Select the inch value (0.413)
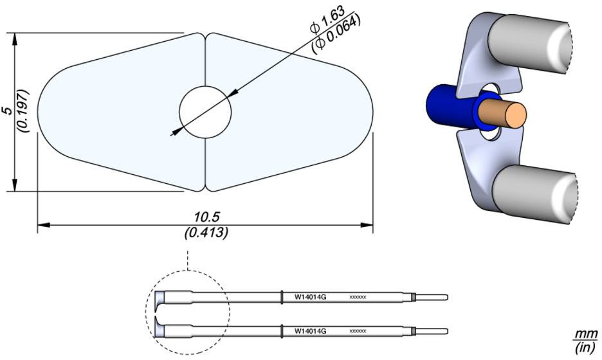(x=206, y=233)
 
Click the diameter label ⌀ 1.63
(x=327, y=21)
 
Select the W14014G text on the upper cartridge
(x=311, y=297)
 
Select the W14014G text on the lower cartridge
(x=311, y=330)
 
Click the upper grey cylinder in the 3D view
(x=534, y=45)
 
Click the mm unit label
(x=586, y=334)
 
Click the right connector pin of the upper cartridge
(x=434, y=297)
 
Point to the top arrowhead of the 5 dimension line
(x=14, y=38)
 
